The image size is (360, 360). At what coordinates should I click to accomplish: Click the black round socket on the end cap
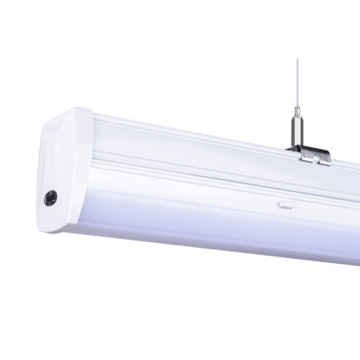pos(51,197)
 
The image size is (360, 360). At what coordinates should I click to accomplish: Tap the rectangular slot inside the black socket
pos(51,197)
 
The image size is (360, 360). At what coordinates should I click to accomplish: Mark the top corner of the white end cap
pos(80,110)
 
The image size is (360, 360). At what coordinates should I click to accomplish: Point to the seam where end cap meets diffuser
pos(88,183)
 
